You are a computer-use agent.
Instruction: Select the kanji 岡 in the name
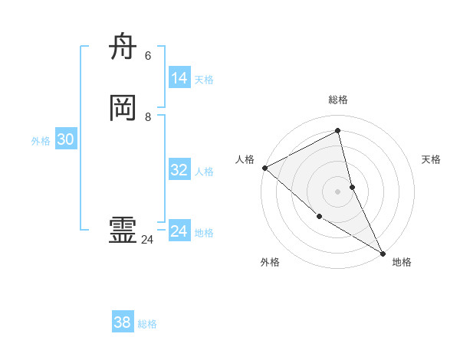[123, 110]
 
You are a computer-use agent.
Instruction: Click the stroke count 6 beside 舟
[148, 56]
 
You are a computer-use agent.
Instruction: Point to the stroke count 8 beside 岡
[148, 117]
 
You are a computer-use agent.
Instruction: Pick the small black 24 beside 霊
[147, 240]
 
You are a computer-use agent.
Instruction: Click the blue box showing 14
[179, 78]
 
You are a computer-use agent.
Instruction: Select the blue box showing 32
[179, 170]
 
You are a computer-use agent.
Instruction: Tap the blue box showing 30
[66, 139]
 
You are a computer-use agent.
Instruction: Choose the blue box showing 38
[123, 322]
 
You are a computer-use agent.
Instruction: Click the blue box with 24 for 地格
[179, 231]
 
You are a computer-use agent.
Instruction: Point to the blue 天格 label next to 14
[204, 80]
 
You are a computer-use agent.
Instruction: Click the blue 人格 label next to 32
[204, 172]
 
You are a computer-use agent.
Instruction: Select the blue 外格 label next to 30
[41, 141]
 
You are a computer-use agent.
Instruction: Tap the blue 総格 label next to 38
[147, 324]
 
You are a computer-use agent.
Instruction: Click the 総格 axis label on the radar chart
[338, 100]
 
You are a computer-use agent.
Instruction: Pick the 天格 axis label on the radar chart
[432, 159]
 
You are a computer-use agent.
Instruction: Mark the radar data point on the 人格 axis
[264, 168]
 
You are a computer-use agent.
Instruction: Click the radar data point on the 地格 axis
[383, 253]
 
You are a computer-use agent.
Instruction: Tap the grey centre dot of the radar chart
[338, 191]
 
